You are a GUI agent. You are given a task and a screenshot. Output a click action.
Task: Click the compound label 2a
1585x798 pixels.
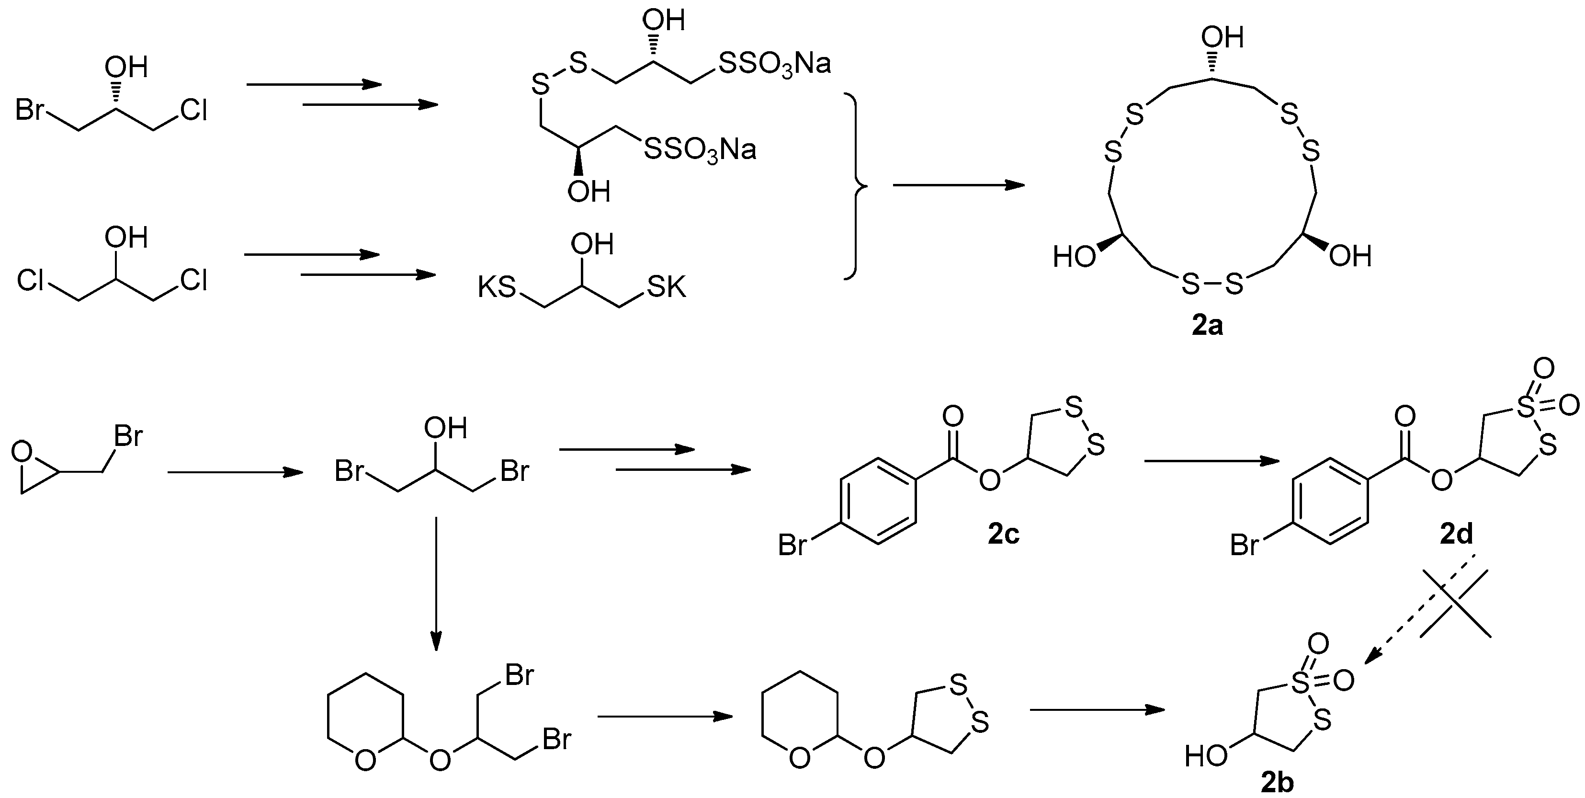click(x=1207, y=326)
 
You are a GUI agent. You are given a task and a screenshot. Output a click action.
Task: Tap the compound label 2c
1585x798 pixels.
click(x=1004, y=535)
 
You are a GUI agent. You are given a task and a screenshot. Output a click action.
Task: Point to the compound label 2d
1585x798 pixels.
click(x=1456, y=535)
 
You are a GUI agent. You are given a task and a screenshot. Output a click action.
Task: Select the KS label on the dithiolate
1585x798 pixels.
click(x=497, y=287)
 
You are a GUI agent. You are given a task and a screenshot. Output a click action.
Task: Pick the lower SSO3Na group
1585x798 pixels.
click(x=700, y=149)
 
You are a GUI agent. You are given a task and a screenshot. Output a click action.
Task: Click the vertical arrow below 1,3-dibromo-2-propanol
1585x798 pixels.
click(x=436, y=582)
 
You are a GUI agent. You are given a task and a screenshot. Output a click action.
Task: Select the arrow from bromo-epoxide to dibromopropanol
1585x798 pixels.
click(x=235, y=472)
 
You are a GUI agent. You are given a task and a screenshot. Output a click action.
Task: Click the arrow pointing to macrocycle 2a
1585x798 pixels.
click(x=959, y=184)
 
